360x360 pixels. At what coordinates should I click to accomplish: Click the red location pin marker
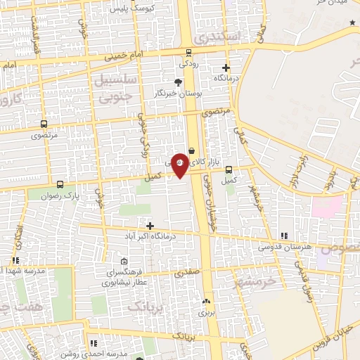click(180, 165)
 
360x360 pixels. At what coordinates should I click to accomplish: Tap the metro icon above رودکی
click(188, 52)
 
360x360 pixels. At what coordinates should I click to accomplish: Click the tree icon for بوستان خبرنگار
click(178, 82)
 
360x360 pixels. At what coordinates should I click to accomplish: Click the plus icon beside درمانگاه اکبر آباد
click(149, 226)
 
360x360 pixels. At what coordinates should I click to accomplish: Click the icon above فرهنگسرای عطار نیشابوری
click(124, 262)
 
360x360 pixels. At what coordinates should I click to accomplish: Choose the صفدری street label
click(188, 272)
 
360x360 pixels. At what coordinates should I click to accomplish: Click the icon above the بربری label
click(206, 301)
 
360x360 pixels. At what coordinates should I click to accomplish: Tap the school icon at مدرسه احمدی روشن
click(94, 344)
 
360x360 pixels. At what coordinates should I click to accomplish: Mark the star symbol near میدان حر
click(352, 23)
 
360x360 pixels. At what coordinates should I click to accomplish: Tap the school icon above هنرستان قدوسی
click(284, 236)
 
